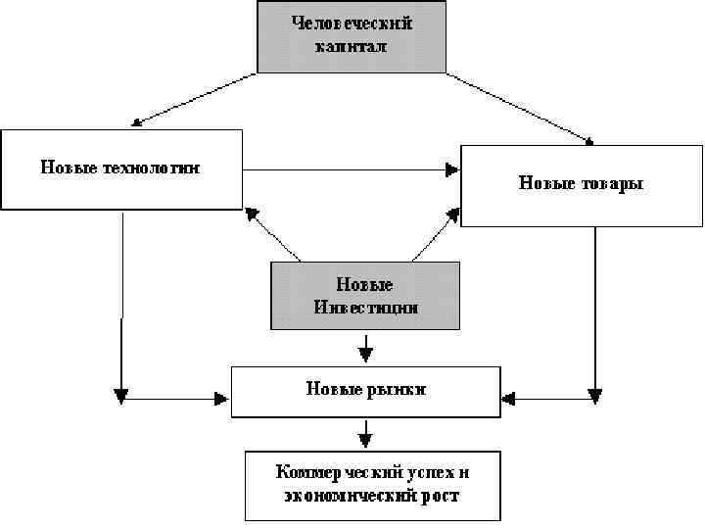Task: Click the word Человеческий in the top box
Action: pos(352,24)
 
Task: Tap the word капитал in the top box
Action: pos(352,46)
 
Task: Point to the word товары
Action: pos(609,183)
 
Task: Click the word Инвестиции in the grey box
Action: pos(366,307)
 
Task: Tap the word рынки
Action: pos(396,389)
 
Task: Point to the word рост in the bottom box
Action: pos(442,496)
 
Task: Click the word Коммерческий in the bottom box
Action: pos(333,472)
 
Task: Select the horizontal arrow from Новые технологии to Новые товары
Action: pos(351,170)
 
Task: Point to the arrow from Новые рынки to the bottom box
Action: pos(365,432)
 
